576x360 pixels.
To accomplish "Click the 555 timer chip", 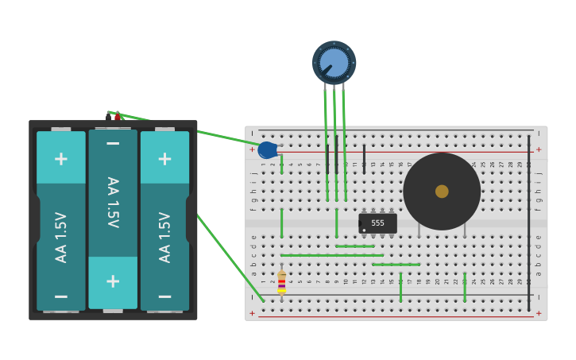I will [x=377, y=223].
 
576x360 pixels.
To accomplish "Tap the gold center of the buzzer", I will [x=442, y=192].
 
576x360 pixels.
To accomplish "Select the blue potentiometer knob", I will [x=334, y=63].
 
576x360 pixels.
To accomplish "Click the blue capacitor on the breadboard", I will [x=267, y=150].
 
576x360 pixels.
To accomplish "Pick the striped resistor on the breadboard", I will [x=281, y=282].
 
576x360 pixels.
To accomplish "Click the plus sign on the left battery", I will [x=61, y=158].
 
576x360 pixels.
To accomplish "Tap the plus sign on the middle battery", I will [x=113, y=281].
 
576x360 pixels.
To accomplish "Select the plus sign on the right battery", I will [x=164, y=158].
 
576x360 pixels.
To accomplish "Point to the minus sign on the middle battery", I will [x=113, y=143].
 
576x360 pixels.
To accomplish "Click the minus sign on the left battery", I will [x=61, y=296].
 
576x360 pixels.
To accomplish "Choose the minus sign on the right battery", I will [x=164, y=296].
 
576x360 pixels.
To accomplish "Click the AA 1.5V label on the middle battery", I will [x=113, y=203].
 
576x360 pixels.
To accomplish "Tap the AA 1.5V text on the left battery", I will [x=61, y=236].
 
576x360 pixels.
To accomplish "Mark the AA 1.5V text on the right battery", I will [x=164, y=236].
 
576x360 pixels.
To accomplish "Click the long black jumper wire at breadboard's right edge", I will [x=528, y=223].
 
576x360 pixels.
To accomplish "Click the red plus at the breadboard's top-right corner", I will [x=538, y=149].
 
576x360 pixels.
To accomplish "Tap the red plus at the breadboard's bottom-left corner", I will [x=253, y=313].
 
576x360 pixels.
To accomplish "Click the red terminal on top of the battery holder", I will [x=118, y=118].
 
